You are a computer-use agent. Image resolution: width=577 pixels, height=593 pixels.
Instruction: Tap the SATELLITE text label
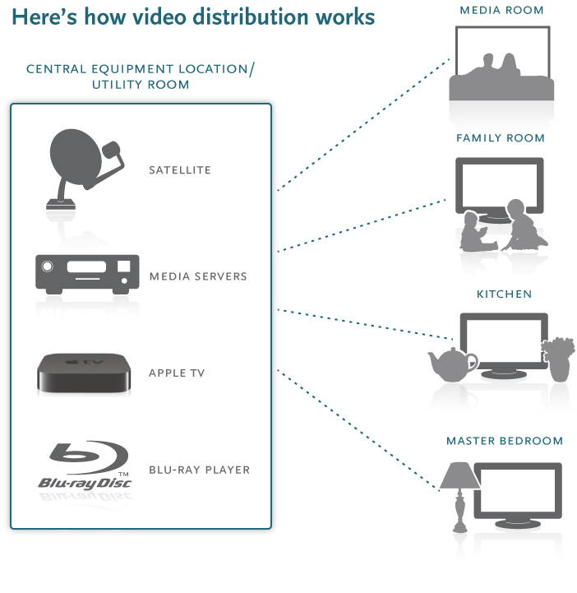180,170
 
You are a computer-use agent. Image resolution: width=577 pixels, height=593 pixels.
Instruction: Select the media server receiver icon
84,272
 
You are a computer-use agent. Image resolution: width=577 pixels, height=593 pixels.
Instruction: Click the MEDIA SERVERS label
198,276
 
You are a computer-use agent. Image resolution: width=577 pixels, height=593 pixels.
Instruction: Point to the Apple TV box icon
84,372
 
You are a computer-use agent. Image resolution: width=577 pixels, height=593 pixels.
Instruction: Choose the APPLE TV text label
177,373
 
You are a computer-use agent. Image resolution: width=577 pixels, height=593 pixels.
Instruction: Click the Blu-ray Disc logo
84,466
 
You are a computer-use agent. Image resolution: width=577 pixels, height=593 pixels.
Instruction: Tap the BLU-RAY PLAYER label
199,470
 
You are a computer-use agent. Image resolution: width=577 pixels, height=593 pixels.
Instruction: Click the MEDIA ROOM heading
501,11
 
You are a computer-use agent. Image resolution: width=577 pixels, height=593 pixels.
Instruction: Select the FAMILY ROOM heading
501,138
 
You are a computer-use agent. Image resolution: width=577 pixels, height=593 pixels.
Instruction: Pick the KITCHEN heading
504,294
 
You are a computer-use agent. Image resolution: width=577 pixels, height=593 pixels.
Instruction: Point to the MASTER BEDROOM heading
504,441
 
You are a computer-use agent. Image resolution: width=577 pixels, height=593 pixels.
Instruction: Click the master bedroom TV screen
520,493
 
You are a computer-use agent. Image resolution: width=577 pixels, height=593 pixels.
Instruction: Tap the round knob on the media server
48,266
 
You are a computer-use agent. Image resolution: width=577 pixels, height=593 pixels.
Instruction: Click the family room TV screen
500,188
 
